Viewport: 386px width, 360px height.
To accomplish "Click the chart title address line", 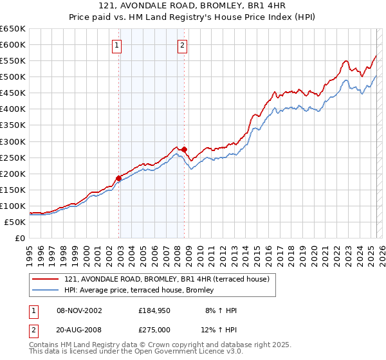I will (x=192, y=6).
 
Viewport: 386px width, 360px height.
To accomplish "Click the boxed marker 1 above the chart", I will (x=116, y=45).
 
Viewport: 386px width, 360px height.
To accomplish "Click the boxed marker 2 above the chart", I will (x=182, y=45).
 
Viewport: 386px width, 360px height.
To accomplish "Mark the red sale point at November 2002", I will (x=118, y=178).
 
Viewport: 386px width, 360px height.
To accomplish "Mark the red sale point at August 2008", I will (x=184, y=149).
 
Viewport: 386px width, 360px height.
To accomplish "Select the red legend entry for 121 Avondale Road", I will (x=170, y=279).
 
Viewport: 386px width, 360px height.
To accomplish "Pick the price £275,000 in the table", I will (x=156, y=330).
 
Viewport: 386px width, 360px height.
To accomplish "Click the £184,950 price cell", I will (x=156, y=310).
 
